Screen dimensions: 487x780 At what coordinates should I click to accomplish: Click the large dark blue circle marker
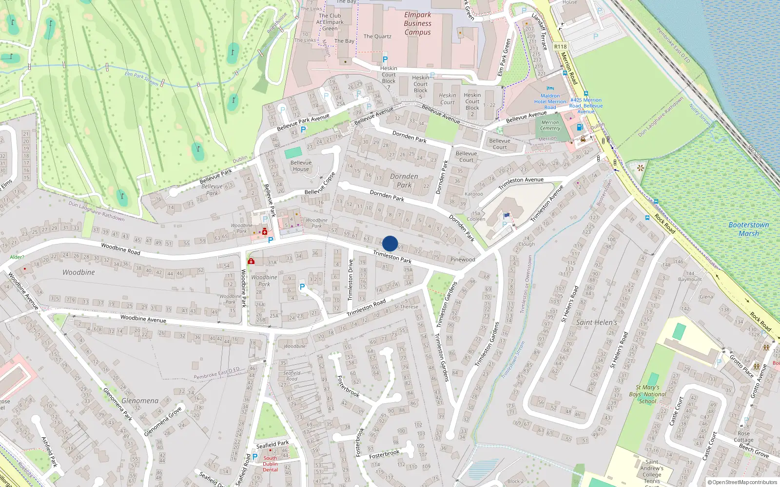[x=390, y=243]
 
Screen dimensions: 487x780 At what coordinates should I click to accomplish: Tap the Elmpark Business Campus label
[x=417, y=24]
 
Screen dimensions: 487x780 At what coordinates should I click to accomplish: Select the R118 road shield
[x=561, y=47]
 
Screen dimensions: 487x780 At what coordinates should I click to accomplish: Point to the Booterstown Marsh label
[x=748, y=229]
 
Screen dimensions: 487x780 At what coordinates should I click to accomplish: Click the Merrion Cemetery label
[x=550, y=126]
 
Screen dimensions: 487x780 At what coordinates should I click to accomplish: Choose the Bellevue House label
[x=301, y=166]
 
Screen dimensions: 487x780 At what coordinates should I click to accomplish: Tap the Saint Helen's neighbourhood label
[x=596, y=322]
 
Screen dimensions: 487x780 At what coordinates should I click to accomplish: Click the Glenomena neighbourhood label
[x=140, y=401]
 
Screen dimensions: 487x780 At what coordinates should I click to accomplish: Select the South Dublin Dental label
[x=270, y=464]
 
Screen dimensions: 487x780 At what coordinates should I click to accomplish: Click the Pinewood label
[x=463, y=260]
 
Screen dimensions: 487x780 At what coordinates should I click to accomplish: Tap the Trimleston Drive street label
[x=350, y=280]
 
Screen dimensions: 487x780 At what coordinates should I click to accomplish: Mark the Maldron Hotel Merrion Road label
[x=550, y=102]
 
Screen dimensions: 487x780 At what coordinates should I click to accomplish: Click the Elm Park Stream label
[x=141, y=78]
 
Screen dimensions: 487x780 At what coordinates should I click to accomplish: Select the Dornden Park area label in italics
[x=404, y=181]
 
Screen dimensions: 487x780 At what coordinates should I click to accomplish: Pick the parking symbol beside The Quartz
[x=385, y=59]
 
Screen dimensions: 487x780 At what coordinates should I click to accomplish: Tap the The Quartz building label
[x=377, y=37]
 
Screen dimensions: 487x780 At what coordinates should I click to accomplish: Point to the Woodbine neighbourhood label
[x=78, y=272]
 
